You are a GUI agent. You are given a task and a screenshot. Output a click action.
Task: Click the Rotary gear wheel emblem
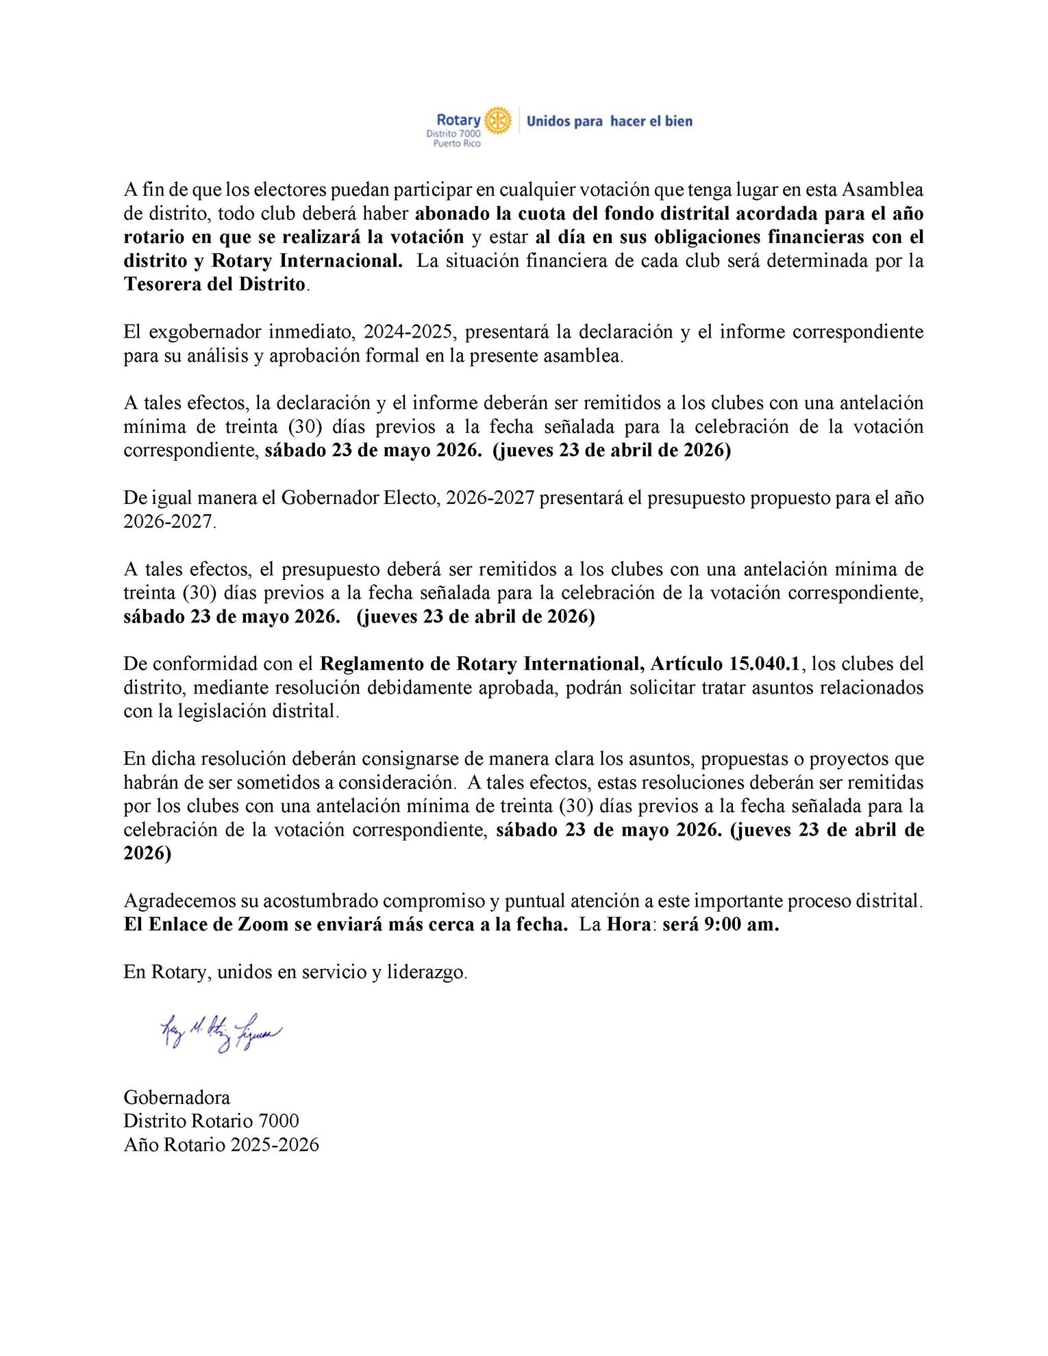[497, 121]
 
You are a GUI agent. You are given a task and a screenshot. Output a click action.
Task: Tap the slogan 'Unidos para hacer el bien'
[609, 121]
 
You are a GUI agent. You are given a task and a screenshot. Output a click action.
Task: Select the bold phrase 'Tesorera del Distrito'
[214, 284]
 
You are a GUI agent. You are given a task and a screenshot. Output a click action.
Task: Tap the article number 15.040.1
[760, 664]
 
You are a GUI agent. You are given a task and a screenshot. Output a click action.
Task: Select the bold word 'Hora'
[628, 925]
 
